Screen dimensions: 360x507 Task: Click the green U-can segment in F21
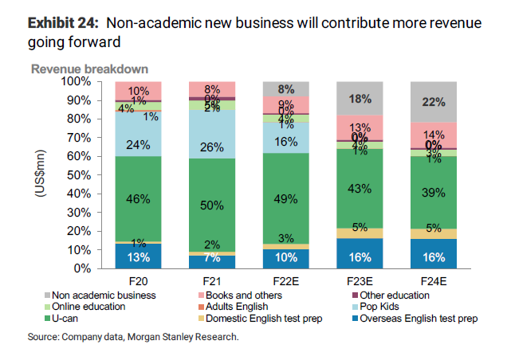tap(212, 205)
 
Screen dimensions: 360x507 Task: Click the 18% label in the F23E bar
tap(359, 99)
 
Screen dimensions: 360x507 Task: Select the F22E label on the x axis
tap(285, 281)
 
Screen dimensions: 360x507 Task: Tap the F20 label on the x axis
tap(139, 281)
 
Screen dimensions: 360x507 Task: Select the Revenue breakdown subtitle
tap(89, 68)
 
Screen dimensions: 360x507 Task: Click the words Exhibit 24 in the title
tap(62, 23)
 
